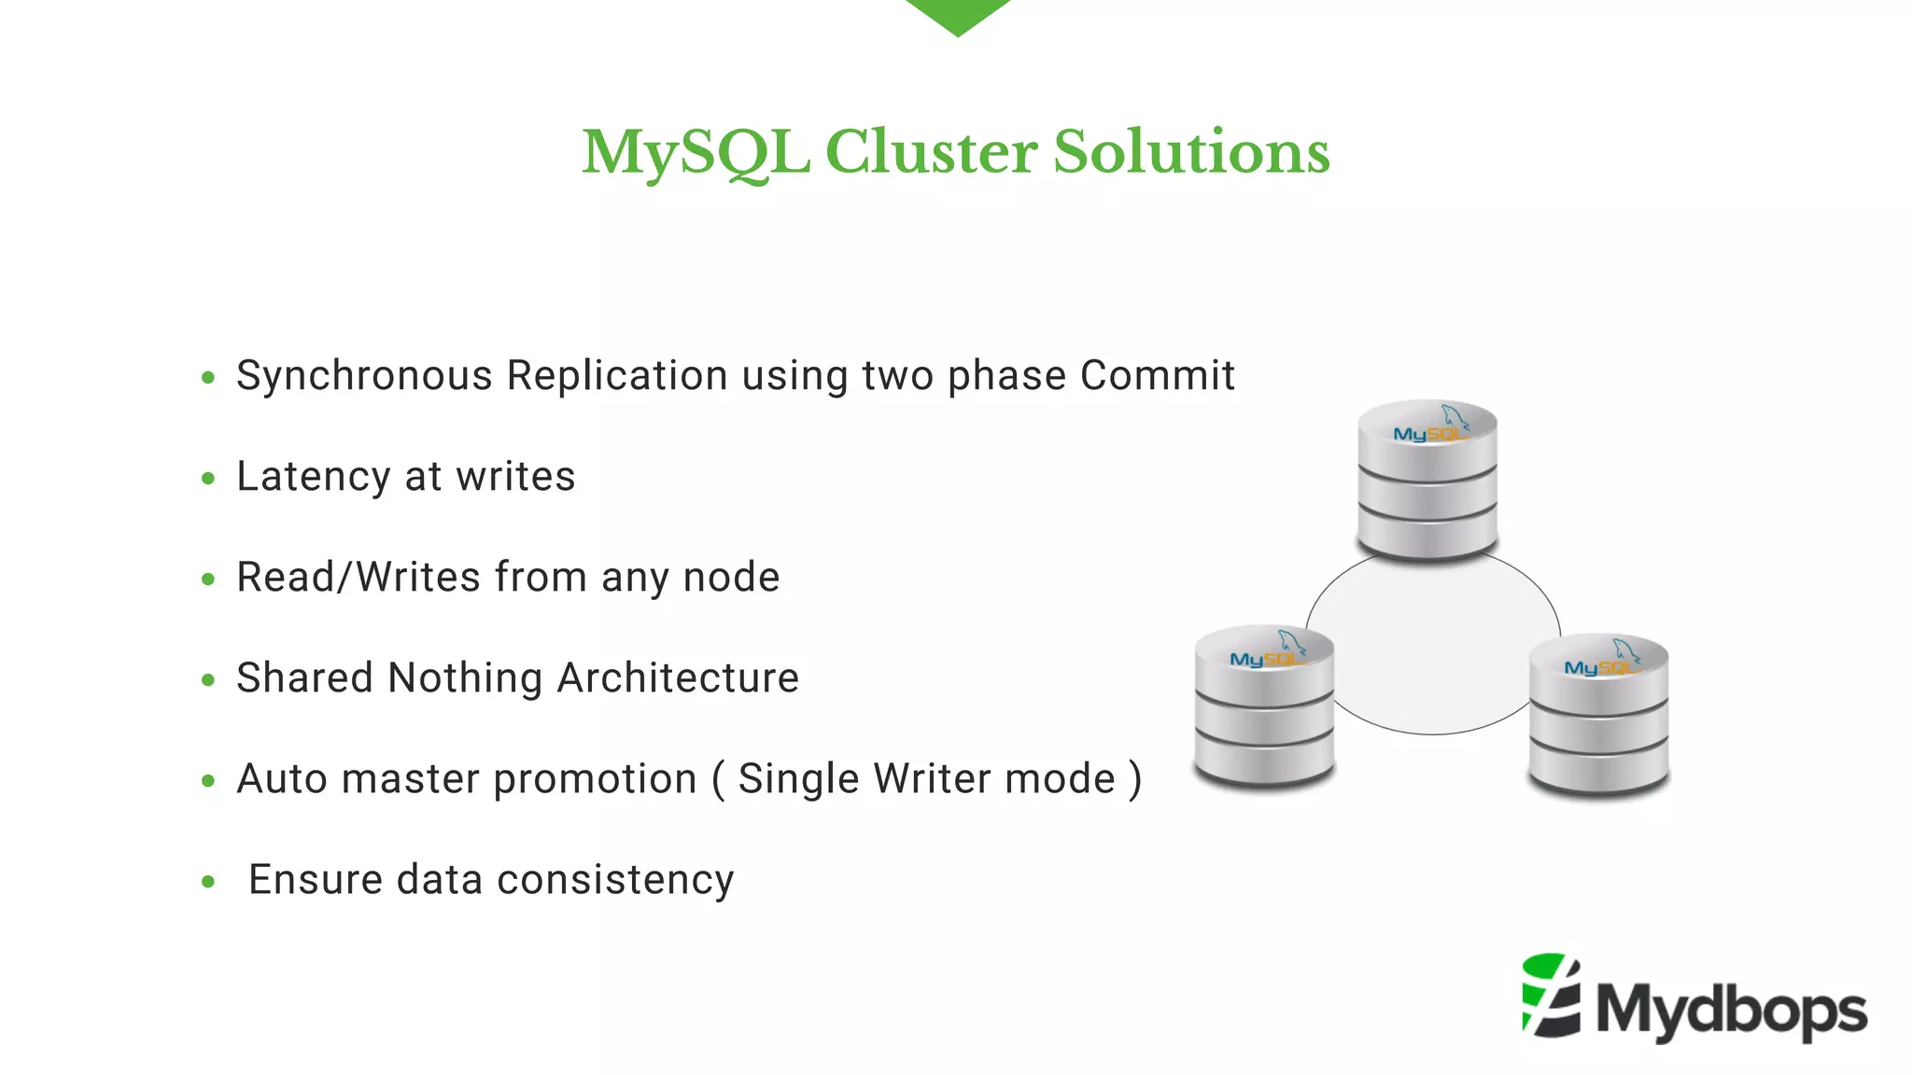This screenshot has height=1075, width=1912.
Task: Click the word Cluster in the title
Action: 931,152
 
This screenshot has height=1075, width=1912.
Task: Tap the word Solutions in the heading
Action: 1191,152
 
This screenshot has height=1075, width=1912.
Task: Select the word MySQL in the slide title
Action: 696,152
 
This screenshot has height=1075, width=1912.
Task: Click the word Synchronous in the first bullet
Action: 364,376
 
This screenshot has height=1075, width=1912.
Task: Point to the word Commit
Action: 1157,376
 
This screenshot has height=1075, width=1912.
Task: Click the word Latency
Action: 313,477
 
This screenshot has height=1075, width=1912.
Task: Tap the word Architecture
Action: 678,678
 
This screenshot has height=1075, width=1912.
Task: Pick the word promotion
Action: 595,779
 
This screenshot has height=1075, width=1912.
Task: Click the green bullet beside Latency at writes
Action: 208,479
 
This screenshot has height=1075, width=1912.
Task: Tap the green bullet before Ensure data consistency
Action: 208,882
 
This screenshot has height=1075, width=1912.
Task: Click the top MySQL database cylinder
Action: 1427,481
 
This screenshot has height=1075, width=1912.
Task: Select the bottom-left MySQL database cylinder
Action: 1264,706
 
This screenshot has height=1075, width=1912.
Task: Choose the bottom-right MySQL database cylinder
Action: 1598,715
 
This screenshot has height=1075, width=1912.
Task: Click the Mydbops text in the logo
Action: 1732,1010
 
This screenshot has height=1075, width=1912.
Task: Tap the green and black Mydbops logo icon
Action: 1551,996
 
